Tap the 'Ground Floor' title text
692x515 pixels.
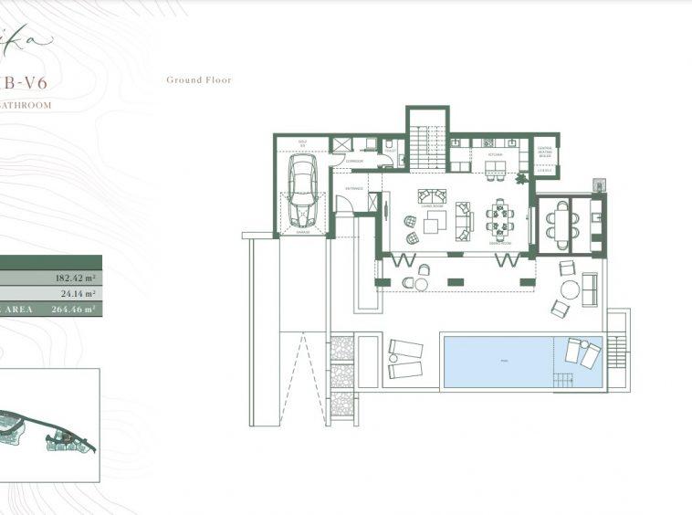coord(198,80)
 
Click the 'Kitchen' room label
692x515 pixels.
coord(495,155)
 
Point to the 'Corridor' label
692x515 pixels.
coord(354,162)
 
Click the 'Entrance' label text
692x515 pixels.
coord(354,188)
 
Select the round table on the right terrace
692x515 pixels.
coord(570,290)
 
